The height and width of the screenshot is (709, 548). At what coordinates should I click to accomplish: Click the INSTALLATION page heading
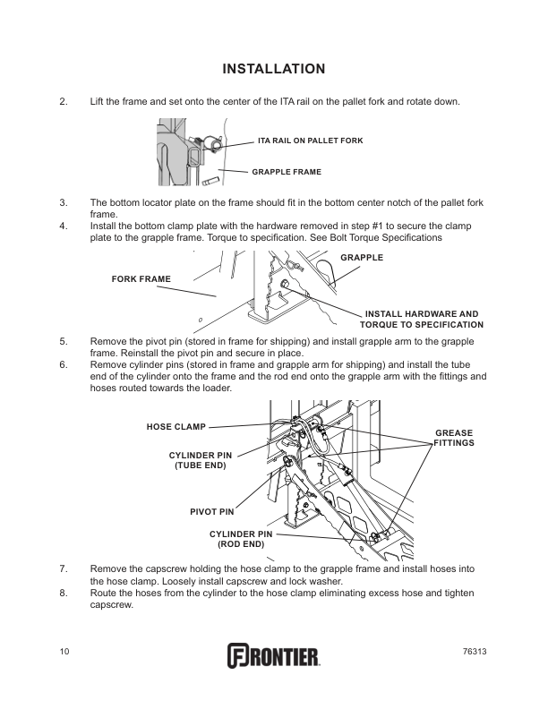click(273, 69)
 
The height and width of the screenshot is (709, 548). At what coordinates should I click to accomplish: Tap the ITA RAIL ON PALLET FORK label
click(310, 141)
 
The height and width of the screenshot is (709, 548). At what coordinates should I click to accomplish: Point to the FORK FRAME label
click(141, 279)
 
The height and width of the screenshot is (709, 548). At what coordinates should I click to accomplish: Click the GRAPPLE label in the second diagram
click(362, 258)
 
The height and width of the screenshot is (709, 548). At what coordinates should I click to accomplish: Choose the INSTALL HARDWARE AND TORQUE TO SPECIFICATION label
click(421, 319)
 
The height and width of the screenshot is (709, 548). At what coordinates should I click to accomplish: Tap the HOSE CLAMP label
click(176, 426)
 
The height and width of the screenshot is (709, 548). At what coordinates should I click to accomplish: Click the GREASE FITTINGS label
click(455, 438)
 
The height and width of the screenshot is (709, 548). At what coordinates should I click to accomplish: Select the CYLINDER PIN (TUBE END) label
click(200, 460)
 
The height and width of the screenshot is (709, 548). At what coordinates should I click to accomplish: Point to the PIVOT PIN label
click(212, 511)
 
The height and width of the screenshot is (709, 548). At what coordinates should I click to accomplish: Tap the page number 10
click(64, 651)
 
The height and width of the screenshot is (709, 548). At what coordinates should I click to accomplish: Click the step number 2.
click(63, 101)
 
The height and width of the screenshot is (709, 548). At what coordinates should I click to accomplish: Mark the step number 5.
click(63, 341)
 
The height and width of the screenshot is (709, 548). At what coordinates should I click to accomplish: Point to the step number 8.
click(63, 594)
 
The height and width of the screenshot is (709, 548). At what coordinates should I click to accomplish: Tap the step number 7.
click(63, 568)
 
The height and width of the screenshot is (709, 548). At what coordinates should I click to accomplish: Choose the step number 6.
click(63, 365)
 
